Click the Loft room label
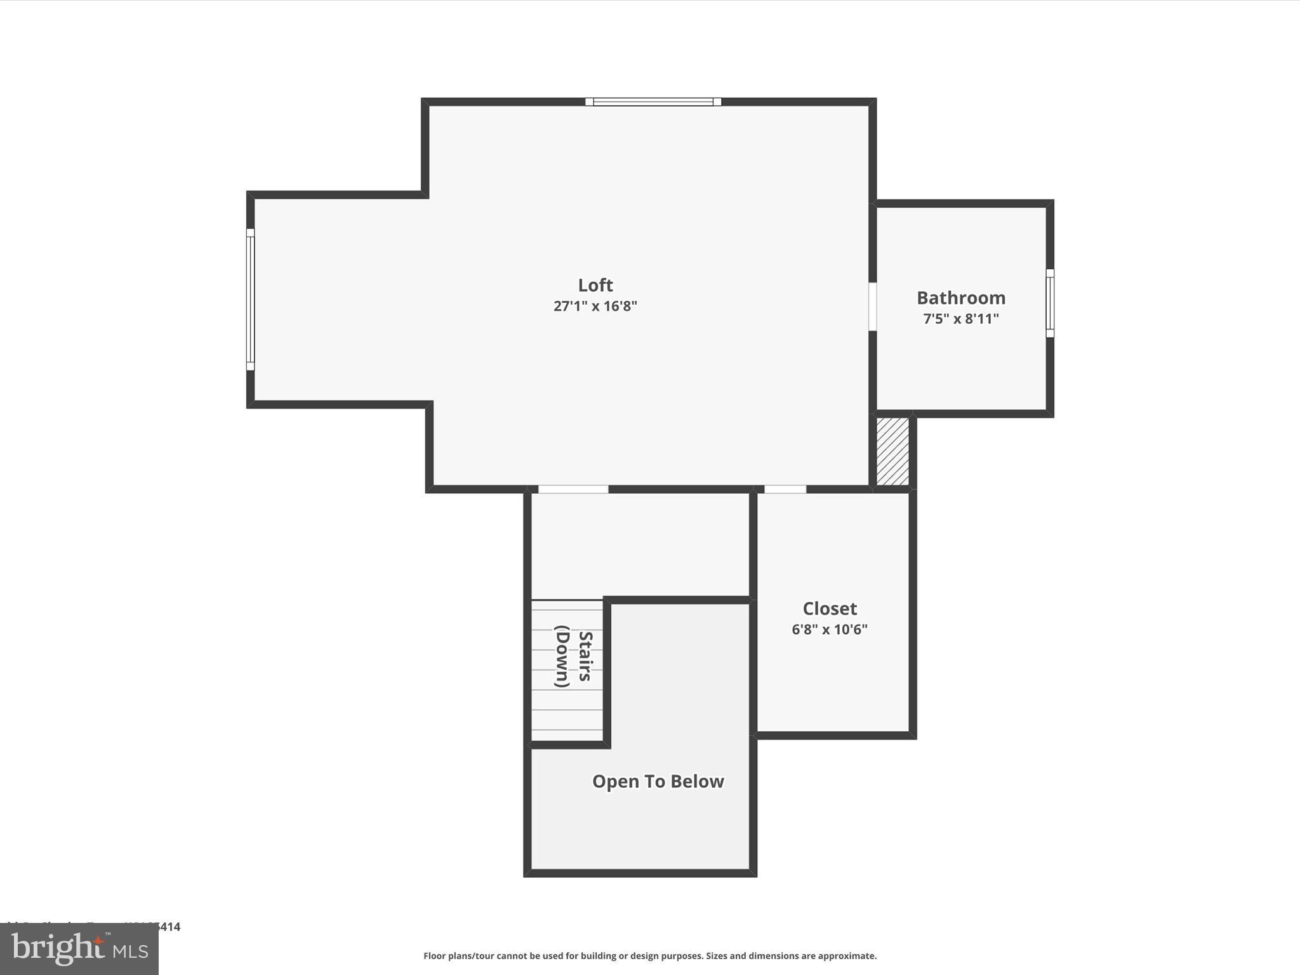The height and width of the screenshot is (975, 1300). (595, 285)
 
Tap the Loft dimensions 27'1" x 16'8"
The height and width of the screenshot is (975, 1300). (595, 306)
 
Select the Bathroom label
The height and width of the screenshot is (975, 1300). (960, 298)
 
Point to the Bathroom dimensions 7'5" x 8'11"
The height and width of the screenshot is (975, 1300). (960, 319)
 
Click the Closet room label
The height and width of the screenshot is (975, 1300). (829, 609)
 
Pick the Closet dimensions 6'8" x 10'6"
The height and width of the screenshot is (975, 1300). (829, 630)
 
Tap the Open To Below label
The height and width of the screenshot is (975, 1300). (658, 781)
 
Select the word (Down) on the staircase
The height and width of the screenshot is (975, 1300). (562, 656)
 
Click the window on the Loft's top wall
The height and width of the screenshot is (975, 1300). (653, 102)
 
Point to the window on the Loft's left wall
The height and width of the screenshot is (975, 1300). (250, 299)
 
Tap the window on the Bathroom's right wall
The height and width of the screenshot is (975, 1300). (1049, 303)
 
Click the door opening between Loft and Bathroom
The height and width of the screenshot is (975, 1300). (872, 307)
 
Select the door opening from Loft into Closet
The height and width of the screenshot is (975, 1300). (785, 489)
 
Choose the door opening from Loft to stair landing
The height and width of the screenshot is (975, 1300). (573, 489)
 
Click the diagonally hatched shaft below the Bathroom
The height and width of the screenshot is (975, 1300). (892, 451)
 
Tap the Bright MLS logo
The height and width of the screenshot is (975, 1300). (79, 949)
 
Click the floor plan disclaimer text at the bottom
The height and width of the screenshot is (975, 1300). (649, 956)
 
